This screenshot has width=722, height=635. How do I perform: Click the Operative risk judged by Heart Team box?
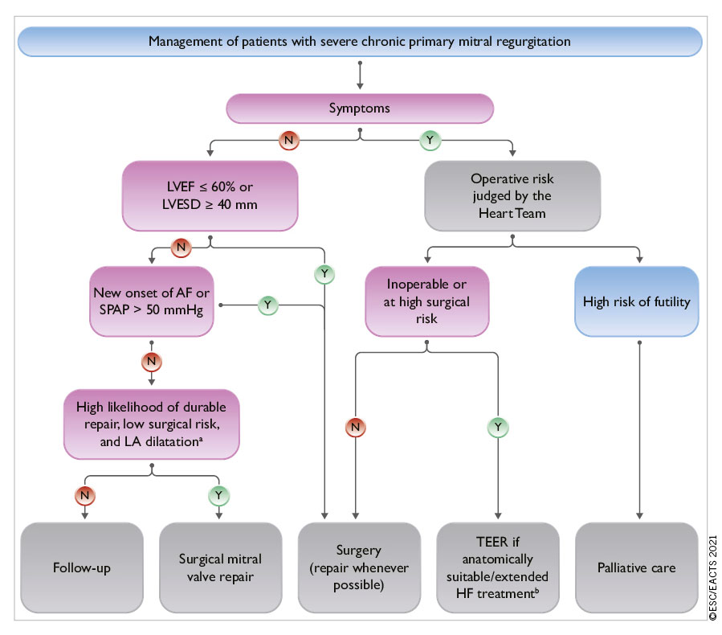[512, 195]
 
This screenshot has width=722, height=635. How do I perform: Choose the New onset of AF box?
[153, 303]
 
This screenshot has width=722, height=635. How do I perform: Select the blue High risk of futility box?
[638, 303]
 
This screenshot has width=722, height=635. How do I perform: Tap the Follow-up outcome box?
[82, 567]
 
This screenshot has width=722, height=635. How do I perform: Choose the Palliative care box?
[637, 567]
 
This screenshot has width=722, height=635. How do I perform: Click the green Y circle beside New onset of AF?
[269, 305]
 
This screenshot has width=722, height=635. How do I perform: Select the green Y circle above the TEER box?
[499, 426]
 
